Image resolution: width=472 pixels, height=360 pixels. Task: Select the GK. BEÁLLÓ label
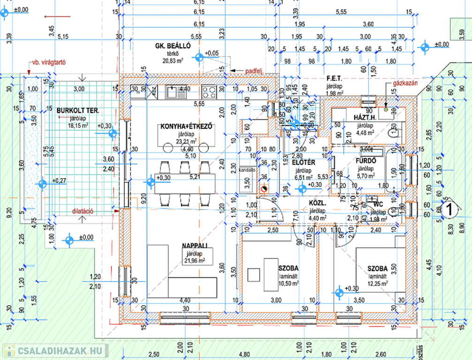tap(173, 46)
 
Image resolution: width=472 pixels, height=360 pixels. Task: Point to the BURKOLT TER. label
tap(78, 111)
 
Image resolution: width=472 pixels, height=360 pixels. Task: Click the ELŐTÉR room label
tap(303, 163)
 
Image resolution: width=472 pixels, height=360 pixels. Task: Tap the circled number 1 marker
tap(449, 210)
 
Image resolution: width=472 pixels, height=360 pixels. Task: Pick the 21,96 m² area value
tap(193, 261)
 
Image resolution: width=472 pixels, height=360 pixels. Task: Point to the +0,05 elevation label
tap(212, 53)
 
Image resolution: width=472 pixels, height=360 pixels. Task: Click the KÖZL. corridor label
tap(318, 203)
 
